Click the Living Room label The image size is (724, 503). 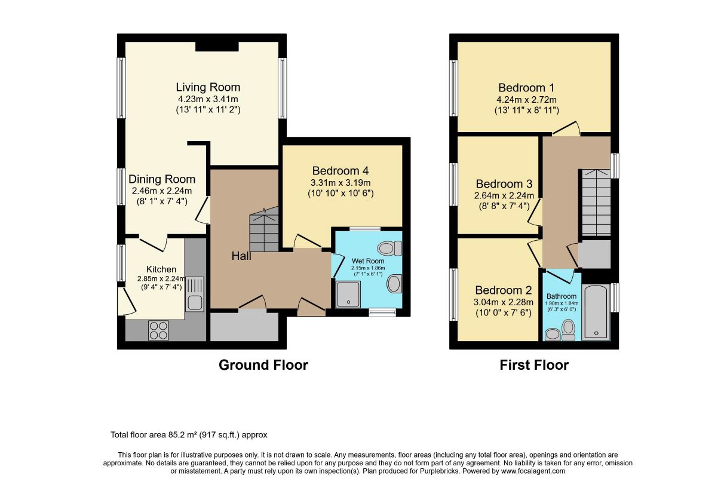[208, 87]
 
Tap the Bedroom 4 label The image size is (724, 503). [340, 171]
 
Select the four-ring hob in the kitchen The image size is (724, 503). [158, 330]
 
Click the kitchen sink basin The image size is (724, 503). [195, 302]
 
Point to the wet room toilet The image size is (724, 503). [389, 249]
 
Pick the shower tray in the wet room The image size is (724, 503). [348, 294]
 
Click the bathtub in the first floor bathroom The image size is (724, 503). [596, 312]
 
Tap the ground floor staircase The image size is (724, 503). [264, 229]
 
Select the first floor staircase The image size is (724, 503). [596, 203]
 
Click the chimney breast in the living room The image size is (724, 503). [217, 47]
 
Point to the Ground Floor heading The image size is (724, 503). [263, 365]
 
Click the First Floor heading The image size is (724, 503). [534, 365]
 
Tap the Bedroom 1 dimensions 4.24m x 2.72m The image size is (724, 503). [526, 100]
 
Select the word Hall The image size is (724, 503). [241, 256]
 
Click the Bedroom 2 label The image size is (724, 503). [504, 290]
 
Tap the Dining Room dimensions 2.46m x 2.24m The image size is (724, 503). [162, 191]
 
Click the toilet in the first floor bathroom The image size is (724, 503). [568, 330]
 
